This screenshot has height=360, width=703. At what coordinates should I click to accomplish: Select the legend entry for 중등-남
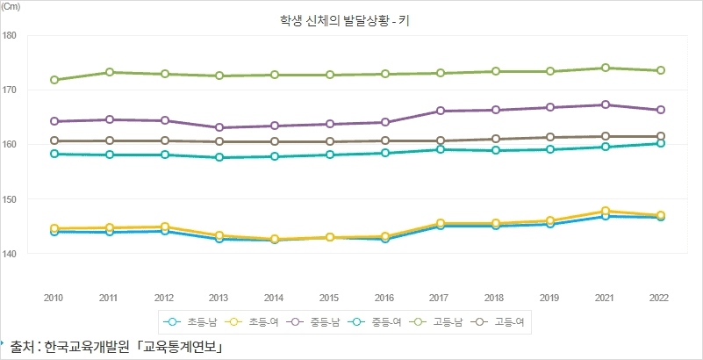click(312, 323)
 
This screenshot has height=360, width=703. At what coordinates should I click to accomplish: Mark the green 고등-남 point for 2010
click(54, 80)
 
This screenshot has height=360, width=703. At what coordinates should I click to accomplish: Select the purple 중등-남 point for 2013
click(219, 127)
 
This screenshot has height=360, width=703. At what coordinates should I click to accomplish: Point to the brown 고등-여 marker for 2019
click(550, 137)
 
